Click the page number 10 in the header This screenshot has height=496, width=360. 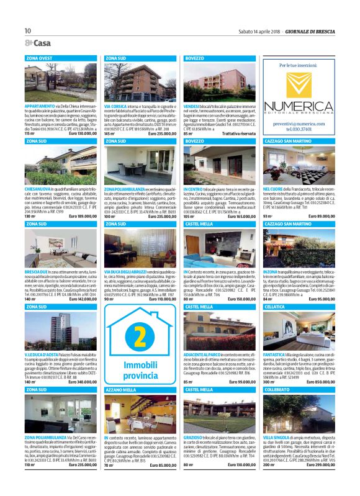[28, 30]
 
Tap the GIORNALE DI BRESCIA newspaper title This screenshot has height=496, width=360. [313, 30]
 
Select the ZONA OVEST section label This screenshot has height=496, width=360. [39, 58]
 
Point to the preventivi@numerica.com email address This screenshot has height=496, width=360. [300, 124]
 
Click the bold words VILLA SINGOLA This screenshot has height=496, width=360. [277, 437]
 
